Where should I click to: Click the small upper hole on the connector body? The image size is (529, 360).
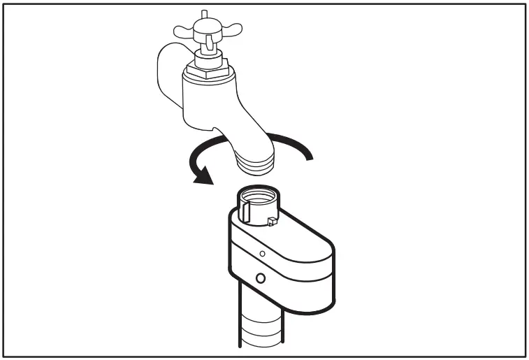click(x=261, y=253)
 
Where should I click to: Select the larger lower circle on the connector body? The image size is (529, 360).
click(x=261, y=278)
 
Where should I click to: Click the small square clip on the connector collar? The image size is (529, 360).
click(x=270, y=222)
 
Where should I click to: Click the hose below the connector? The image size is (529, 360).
click(x=259, y=329)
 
